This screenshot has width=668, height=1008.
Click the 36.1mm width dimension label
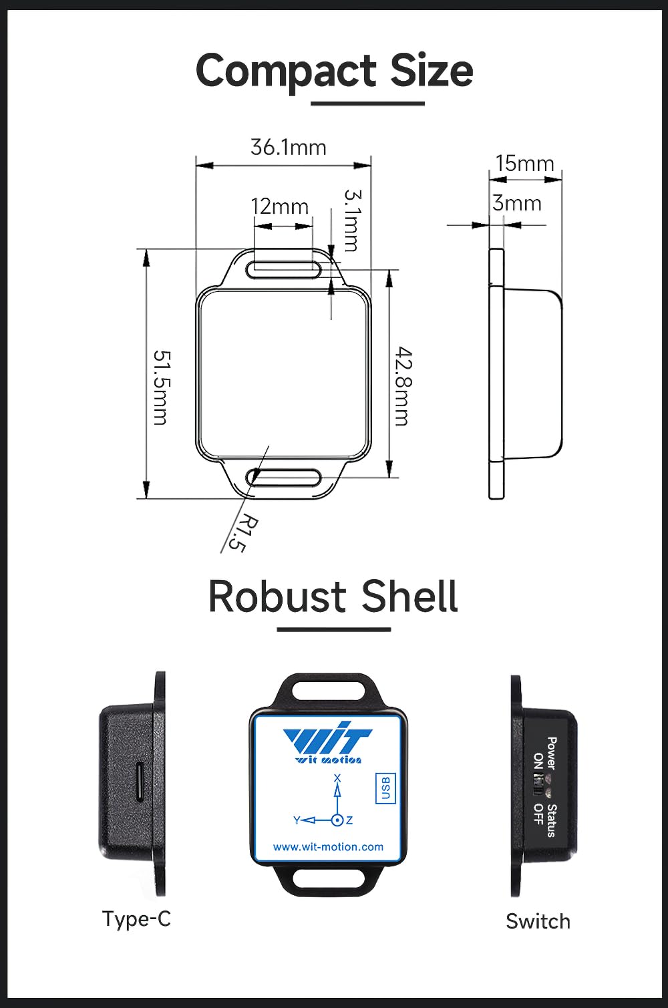288,148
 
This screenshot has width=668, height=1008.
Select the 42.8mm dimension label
403,386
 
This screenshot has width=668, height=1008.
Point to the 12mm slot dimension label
279,206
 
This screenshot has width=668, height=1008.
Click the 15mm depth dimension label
525,164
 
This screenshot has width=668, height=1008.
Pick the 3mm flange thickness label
517,203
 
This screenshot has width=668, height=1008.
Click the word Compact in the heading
287,71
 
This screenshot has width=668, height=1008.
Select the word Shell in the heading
409,597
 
